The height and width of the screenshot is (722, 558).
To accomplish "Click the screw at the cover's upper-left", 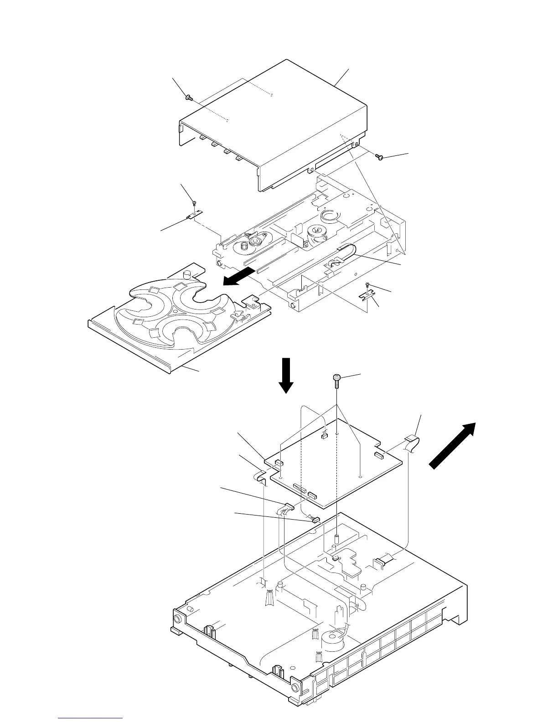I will pos(188,97).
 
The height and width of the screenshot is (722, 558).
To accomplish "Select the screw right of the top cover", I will pos(378,157).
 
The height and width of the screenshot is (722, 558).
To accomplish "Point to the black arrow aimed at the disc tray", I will pos(238,277).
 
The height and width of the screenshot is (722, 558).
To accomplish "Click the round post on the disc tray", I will pos(186,275).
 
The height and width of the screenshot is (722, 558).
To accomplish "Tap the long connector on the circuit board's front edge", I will pos(300,489).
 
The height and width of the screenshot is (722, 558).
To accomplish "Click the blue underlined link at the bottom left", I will pos(91,719).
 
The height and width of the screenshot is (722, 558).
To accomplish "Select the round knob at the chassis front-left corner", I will pos(176,619).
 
